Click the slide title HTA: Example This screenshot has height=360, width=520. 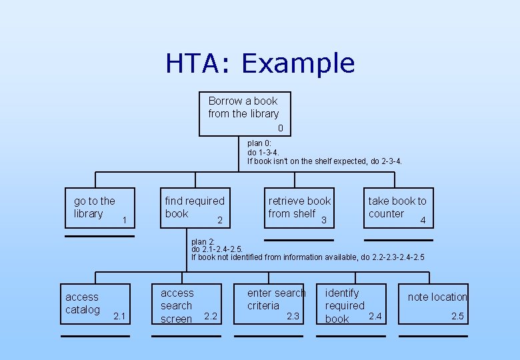tap(260, 63)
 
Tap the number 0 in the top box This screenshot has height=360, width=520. tap(280, 127)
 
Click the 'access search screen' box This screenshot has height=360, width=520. tap(185, 305)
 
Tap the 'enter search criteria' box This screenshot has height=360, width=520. tap(273, 303)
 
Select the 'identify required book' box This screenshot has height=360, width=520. tap(350, 305)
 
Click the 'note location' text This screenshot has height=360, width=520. tap(437, 297)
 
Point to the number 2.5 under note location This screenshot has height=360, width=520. tap(457, 316)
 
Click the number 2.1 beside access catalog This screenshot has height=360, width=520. tap(120, 315)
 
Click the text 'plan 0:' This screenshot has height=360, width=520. tap(259, 143)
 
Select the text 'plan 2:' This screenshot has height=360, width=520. tap(203, 242)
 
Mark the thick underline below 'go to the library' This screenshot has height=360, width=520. tap(99, 236)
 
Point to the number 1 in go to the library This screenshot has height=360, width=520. tap(125, 219)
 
